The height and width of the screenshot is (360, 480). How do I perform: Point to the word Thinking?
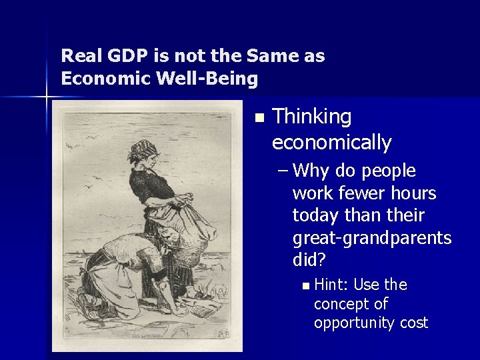point(312,117)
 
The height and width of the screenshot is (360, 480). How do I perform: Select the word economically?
point(332,142)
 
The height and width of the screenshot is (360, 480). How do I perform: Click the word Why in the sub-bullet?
point(311,171)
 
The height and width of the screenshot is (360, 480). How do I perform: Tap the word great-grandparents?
point(372,238)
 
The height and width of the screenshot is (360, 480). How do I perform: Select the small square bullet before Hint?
point(305,286)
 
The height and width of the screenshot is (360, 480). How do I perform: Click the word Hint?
point(331,285)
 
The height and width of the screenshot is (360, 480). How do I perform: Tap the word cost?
point(414,323)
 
